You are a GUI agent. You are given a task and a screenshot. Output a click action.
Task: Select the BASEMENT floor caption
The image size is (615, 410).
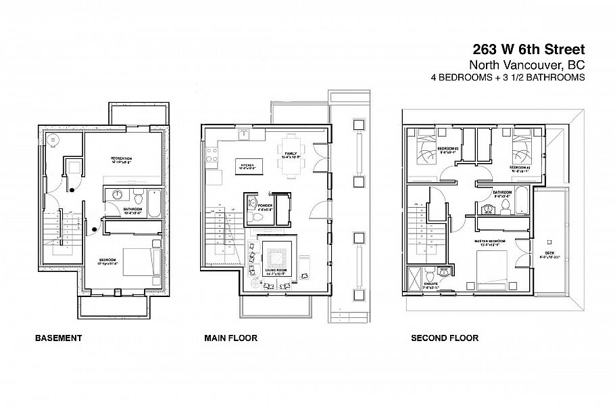(x=58, y=338)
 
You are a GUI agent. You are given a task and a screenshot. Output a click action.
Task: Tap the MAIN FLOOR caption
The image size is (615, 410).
(x=230, y=338)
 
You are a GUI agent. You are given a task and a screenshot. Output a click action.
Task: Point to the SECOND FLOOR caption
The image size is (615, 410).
(x=445, y=338)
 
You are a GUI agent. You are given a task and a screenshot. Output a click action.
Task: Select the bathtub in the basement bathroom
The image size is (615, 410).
(x=154, y=201)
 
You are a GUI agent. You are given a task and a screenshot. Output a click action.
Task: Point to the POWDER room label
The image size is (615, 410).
(x=264, y=205)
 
